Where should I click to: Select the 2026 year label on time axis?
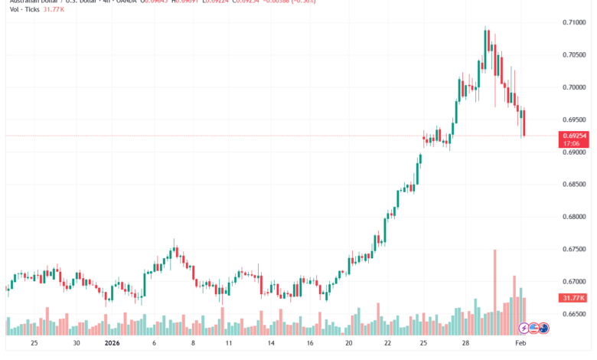point(113,344)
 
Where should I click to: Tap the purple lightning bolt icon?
point(524,328)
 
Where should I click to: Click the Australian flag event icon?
point(544,328)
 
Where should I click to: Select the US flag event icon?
point(533,328)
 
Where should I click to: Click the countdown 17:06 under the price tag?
point(575,143)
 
